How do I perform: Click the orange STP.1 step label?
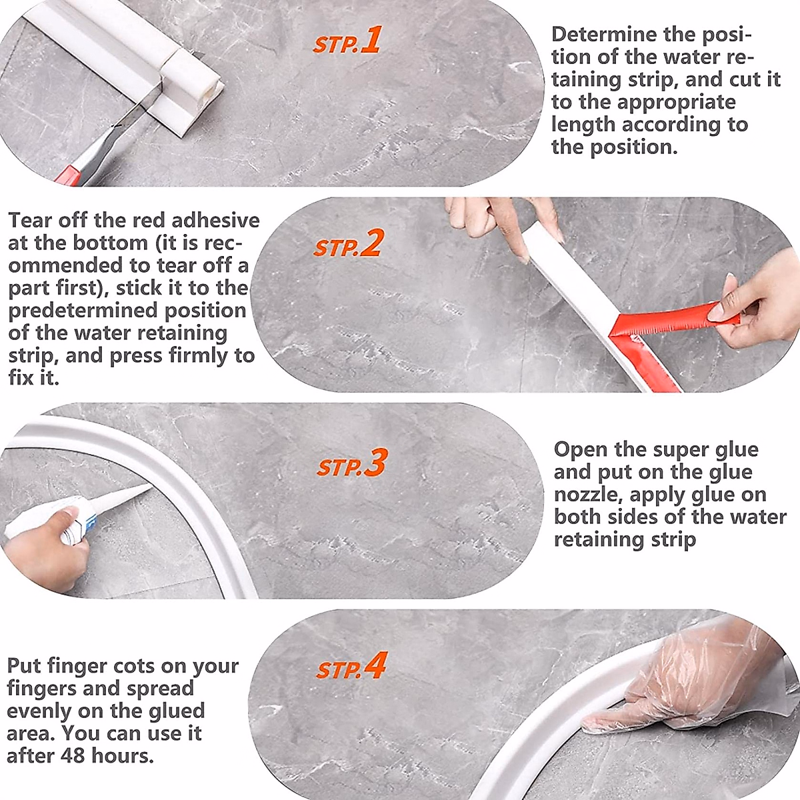(x=347, y=40)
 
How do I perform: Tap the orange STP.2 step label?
(x=347, y=244)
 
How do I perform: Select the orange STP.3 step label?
(x=351, y=463)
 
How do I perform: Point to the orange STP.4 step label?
(x=351, y=666)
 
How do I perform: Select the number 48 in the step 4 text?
(x=73, y=755)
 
